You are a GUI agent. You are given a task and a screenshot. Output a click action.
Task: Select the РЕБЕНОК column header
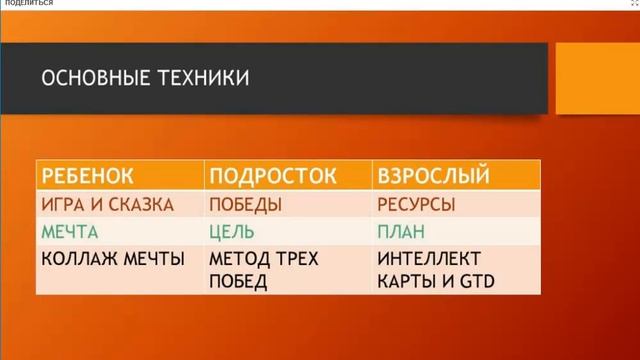[x=87, y=177]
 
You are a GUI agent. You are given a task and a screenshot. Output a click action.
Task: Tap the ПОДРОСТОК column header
[x=265, y=177]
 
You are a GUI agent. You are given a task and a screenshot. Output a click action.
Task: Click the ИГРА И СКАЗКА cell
[x=108, y=205]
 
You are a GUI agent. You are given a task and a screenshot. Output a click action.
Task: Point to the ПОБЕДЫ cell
[x=245, y=205]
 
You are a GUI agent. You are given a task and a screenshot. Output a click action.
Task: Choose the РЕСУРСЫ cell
[x=415, y=205]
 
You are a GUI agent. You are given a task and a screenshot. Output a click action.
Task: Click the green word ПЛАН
[x=401, y=232]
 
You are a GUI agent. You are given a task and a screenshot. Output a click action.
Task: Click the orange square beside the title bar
[x=597, y=77]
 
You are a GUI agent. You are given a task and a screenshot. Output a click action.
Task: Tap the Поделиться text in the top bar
[x=29, y=4]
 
